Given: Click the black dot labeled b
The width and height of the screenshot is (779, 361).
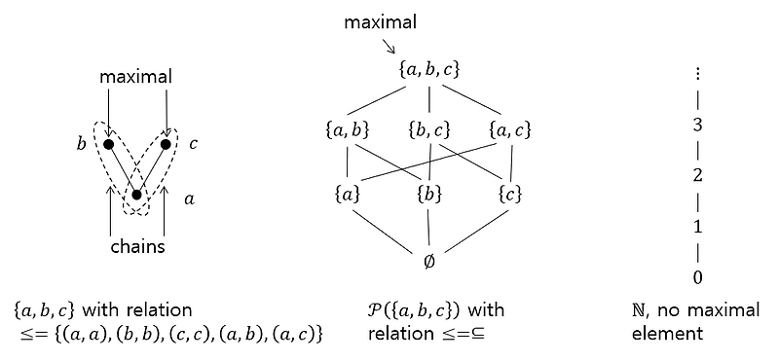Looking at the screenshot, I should pyautogui.click(x=109, y=145).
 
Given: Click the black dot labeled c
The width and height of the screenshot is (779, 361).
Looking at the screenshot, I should pyautogui.click(x=166, y=145).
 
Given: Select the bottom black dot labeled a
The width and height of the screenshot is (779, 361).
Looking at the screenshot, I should pyautogui.click(x=137, y=195).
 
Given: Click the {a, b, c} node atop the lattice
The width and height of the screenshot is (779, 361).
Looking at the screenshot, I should pyautogui.click(x=429, y=69).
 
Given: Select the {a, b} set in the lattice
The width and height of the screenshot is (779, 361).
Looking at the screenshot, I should pyautogui.click(x=349, y=128).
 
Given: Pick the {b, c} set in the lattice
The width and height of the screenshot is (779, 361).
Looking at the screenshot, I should pyautogui.click(x=428, y=128).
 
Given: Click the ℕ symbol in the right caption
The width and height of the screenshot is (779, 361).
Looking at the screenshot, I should pyautogui.click(x=639, y=310).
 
